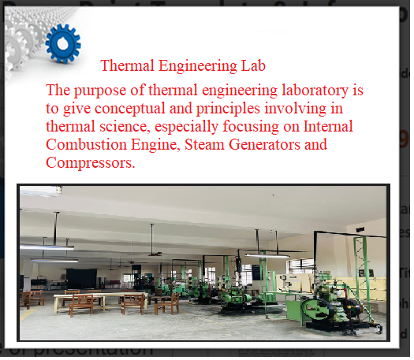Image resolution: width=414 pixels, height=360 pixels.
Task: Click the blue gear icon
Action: [x=63, y=44]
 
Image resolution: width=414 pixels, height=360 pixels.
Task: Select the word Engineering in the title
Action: [x=197, y=66]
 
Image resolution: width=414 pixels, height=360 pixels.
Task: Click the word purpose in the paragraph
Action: [x=100, y=91]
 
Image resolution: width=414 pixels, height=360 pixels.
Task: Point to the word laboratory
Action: [x=315, y=91]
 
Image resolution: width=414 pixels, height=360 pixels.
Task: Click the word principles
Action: [x=228, y=109]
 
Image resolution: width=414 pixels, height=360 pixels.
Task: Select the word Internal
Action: [x=328, y=126]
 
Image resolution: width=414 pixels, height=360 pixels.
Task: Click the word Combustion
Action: [x=86, y=144]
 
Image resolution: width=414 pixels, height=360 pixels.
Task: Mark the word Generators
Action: [x=264, y=144]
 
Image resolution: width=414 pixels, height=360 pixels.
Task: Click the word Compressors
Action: [x=91, y=163]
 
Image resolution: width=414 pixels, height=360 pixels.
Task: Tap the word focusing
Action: [x=251, y=127]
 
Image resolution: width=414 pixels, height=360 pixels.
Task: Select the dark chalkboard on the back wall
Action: [x=81, y=279]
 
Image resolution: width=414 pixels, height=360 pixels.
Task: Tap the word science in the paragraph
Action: [x=123, y=127]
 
